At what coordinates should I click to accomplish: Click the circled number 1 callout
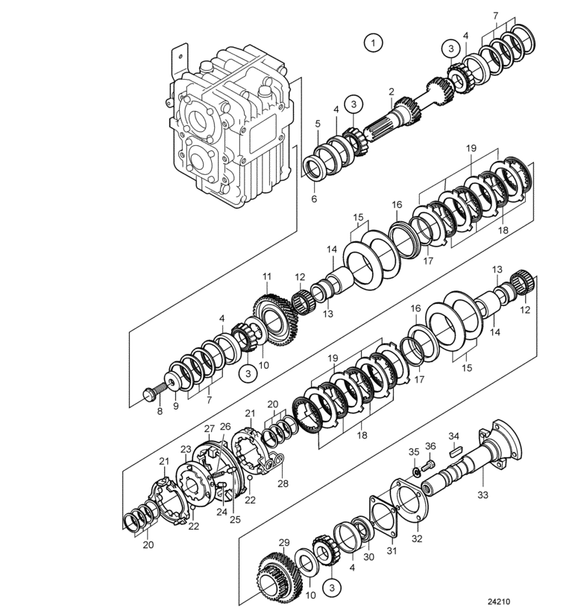coord(372,42)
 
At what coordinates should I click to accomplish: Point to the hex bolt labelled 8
coord(148,392)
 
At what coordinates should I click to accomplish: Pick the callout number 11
coord(266,277)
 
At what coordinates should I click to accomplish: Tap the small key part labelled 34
coord(455,450)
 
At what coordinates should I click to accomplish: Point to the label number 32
coord(415,536)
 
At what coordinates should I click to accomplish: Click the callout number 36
coord(430,446)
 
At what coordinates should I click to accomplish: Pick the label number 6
coord(313,199)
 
